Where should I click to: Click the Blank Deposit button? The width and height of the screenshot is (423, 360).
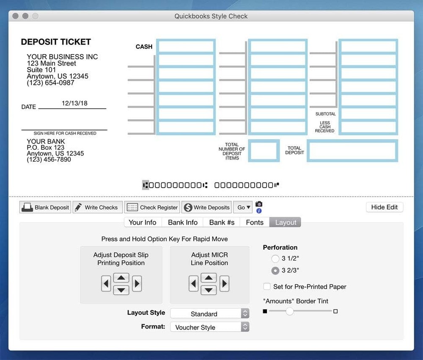[x=45, y=207]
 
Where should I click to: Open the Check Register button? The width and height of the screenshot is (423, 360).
[x=152, y=207]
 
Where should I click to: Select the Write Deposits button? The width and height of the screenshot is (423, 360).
[x=207, y=207]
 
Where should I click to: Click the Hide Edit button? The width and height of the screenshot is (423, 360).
[x=385, y=207]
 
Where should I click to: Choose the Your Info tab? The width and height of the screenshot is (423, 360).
[x=143, y=223]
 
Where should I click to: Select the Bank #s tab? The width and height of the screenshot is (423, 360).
[x=222, y=223]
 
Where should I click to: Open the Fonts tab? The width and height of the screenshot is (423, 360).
[x=255, y=223]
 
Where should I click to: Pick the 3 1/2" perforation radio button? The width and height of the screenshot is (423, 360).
[x=275, y=258]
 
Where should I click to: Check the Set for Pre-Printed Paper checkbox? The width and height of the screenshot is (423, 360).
[x=267, y=286]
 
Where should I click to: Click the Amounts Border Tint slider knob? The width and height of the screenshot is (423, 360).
[x=290, y=311]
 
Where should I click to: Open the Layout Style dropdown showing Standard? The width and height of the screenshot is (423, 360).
[x=209, y=314]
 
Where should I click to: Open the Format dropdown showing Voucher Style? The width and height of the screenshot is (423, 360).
[x=209, y=327]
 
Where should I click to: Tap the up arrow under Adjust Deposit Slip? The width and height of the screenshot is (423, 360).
[x=121, y=278]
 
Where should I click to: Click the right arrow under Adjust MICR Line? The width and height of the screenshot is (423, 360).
[x=225, y=283]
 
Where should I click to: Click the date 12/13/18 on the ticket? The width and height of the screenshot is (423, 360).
[x=74, y=103]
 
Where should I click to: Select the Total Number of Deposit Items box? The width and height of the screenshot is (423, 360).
[x=264, y=151]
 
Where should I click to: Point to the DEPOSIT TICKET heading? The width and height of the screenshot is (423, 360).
[x=56, y=42]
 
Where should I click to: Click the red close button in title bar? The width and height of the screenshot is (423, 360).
[x=16, y=16]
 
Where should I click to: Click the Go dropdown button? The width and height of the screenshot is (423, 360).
[x=244, y=207]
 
